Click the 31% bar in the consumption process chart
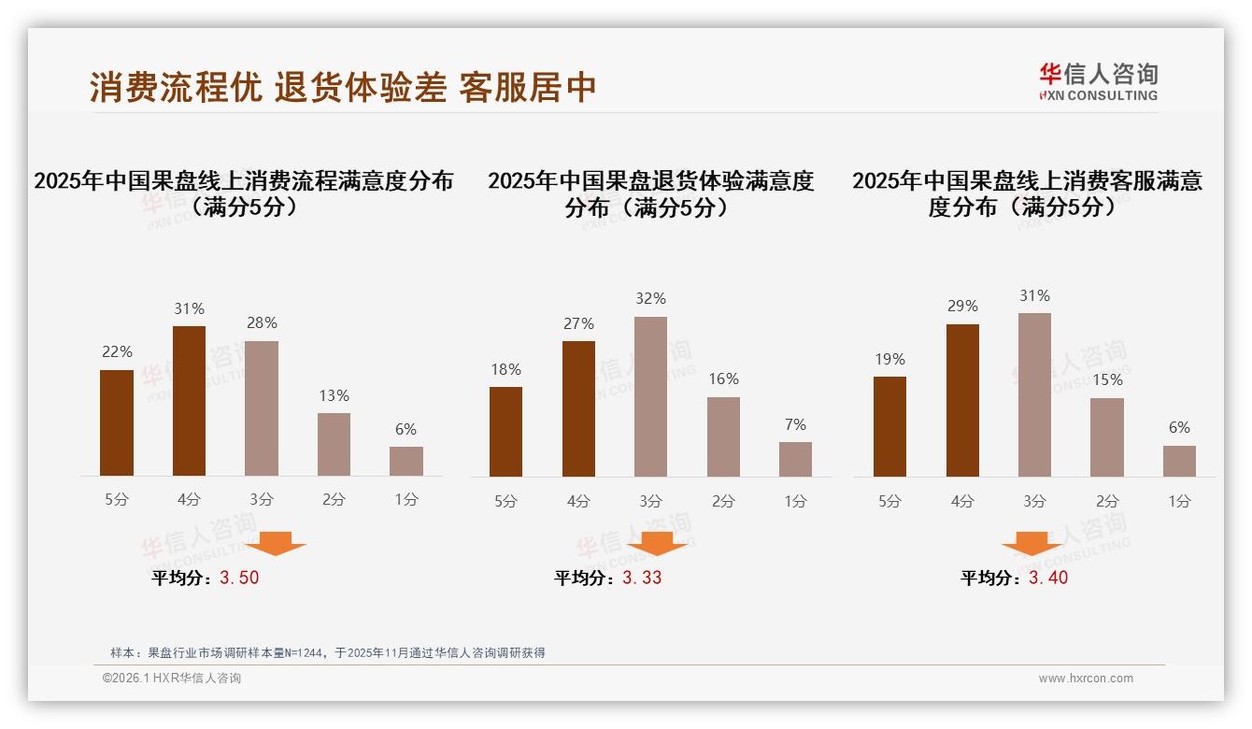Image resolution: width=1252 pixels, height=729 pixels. point(189,401)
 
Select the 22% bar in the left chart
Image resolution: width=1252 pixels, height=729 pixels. point(117,422)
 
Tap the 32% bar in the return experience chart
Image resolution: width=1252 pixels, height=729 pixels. point(650,396)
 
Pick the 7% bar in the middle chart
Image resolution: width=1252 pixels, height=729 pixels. point(795,459)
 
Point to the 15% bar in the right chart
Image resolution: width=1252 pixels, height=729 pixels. point(1107,436)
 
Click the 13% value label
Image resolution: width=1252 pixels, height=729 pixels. point(334,395)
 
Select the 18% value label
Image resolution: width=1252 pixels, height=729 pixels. point(505,369)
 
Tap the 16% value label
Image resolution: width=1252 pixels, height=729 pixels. point(723,379)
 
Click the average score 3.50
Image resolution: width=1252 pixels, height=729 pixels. point(239,578)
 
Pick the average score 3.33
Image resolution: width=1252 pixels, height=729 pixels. point(642,578)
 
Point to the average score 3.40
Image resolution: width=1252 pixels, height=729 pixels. point(1048,578)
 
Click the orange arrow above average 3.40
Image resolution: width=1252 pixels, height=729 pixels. point(1031,545)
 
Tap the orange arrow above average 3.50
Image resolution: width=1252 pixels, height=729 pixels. point(276,543)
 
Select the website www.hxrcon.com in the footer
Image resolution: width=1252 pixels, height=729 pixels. point(1086,679)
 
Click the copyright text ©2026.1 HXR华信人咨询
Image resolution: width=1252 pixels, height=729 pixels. point(172,679)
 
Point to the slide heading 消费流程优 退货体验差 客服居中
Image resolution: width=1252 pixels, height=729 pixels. point(343,87)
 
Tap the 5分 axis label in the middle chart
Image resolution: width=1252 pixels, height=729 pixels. point(505,501)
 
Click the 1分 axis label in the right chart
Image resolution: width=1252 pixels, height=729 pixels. point(1179,501)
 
